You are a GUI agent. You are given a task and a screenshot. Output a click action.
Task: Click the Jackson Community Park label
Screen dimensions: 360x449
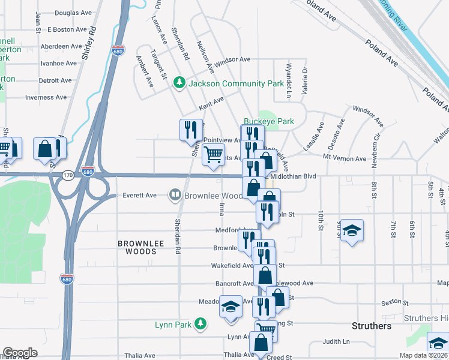[x=236, y=83]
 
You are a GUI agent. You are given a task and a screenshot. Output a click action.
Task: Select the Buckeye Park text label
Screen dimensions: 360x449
[x=268, y=121]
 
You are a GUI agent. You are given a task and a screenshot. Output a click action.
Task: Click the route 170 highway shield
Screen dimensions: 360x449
[x=68, y=175]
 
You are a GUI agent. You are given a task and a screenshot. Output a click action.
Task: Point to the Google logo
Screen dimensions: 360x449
[x=20, y=353]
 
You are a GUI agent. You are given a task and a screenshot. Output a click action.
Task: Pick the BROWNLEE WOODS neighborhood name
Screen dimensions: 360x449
[x=137, y=247]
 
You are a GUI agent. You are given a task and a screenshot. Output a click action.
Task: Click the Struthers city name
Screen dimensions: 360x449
[x=371, y=326]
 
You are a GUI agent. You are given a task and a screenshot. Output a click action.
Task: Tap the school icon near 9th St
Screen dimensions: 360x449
[x=352, y=230]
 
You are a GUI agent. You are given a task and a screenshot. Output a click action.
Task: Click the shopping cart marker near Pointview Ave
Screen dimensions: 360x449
[x=214, y=155]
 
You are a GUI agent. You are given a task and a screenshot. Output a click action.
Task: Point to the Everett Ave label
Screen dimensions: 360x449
[x=139, y=195]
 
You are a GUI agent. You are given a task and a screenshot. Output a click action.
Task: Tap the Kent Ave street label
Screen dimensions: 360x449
[x=211, y=103]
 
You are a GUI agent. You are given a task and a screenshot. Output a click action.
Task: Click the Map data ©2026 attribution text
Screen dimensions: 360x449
[x=423, y=355]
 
